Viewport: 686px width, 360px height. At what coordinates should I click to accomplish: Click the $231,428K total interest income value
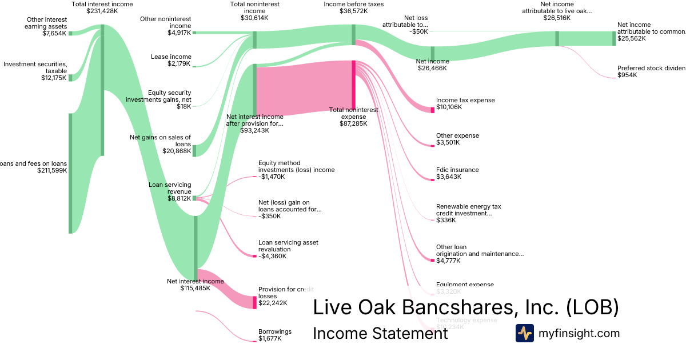[x=102, y=11]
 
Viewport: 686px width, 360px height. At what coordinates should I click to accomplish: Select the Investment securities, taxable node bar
[x=70, y=77]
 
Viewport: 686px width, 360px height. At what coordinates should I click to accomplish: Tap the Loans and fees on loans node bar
[x=70, y=173]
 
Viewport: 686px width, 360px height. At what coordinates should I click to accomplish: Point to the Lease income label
[x=171, y=57]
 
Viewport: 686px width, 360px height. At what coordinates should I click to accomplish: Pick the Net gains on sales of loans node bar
[x=194, y=150]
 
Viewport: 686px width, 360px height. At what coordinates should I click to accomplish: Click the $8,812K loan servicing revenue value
[x=180, y=199]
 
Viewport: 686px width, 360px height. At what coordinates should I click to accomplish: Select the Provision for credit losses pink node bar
[x=255, y=302]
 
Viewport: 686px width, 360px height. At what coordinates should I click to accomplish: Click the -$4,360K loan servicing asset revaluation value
[x=272, y=256]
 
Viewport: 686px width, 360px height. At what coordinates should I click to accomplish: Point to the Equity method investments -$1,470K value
[x=271, y=177]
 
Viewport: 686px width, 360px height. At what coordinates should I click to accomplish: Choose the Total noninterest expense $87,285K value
[x=353, y=123]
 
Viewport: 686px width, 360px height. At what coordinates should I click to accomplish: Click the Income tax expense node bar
[x=432, y=109]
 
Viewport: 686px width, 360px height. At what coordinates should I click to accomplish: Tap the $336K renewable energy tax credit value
[x=446, y=220]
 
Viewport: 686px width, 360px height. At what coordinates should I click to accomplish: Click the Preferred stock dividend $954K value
[x=627, y=75]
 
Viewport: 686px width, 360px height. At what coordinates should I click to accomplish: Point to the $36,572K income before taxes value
[x=354, y=11]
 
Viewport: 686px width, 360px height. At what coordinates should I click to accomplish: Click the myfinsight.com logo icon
[x=524, y=333]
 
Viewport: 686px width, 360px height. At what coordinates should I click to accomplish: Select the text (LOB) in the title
[x=592, y=307]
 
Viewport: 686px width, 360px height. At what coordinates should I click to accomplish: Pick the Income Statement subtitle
[x=380, y=333]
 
